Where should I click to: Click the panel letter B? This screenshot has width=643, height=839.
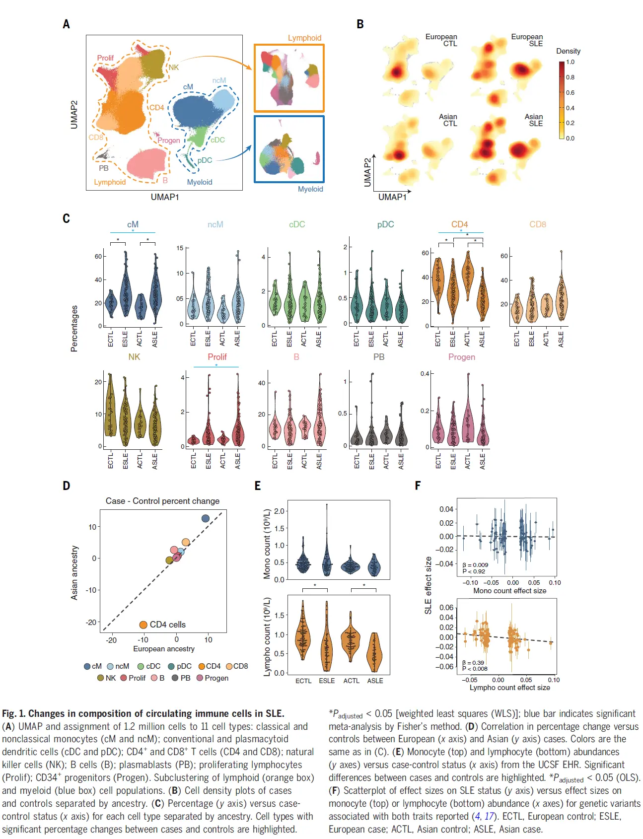point(360,24)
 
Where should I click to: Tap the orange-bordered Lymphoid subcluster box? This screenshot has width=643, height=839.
point(289,78)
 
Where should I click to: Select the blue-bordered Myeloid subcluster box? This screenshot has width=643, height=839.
point(289,149)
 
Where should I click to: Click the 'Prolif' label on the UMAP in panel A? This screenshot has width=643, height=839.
point(105,58)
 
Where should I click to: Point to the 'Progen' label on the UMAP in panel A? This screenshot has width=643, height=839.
point(169,140)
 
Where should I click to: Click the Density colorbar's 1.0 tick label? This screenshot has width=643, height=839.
point(570,62)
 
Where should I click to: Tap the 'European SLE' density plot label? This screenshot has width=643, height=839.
point(527,40)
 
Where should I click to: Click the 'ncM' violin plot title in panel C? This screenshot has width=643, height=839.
point(215,224)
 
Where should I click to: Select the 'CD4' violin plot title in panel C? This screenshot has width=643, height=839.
point(459,224)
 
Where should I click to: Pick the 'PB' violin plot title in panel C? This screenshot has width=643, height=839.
point(379,357)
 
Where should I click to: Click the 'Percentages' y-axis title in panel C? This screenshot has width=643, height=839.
point(74,329)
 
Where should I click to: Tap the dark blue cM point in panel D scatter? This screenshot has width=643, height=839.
point(205,518)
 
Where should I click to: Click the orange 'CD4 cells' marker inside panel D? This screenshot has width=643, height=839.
point(143,625)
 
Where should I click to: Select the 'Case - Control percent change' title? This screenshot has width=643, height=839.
point(162,501)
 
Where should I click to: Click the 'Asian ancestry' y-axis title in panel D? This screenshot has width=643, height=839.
point(74,573)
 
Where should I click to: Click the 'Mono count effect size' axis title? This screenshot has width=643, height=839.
point(509,591)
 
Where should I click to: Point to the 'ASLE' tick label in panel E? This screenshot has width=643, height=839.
point(375,681)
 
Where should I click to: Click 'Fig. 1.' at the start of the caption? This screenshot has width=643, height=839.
point(13,713)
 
